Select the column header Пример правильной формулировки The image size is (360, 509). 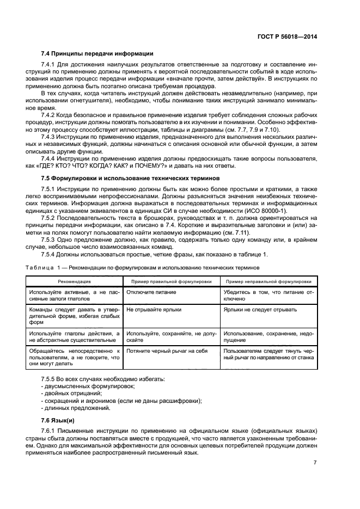pos(170,282)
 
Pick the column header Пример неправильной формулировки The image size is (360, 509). pos(269,282)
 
